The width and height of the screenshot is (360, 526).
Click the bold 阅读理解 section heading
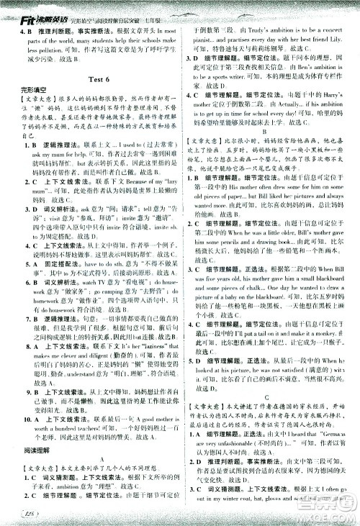click(x=27, y=430)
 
